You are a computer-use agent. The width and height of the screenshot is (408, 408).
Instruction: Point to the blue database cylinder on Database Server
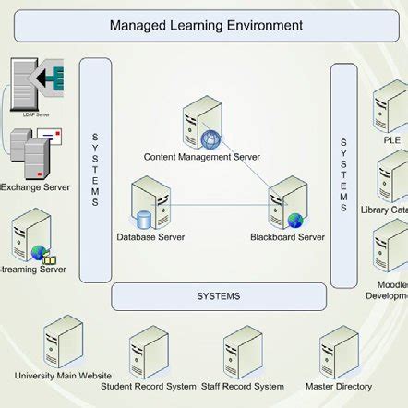[x=144, y=221]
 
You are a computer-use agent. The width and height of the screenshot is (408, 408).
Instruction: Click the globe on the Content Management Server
[x=212, y=140]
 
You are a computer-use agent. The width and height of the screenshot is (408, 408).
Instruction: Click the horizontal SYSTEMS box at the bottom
[x=219, y=296]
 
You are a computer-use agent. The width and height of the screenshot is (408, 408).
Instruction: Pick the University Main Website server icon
[x=63, y=342]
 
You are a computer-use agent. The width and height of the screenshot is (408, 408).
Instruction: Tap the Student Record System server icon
[x=149, y=352]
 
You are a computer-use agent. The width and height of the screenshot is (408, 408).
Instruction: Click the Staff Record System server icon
[x=242, y=352]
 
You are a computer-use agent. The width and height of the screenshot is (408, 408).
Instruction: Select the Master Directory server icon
[x=338, y=352]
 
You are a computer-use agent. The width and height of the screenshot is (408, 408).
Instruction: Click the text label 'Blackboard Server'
[x=287, y=237]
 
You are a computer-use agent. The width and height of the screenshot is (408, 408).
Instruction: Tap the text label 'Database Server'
[x=150, y=237]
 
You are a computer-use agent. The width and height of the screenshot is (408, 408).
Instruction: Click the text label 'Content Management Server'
[x=201, y=157]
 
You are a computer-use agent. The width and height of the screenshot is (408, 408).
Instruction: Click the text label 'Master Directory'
[x=339, y=387]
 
